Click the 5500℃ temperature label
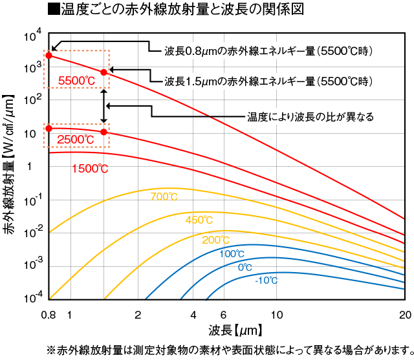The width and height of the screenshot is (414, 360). tap(76, 81)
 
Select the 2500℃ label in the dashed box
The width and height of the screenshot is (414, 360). tap(76, 139)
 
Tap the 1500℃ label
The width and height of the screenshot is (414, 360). tap(90, 169)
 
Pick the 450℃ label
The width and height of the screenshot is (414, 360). tap(199, 220)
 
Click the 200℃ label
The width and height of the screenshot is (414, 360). tap(215, 240)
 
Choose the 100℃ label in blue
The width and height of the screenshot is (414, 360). tap(232, 254)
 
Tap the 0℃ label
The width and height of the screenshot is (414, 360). tap(245, 267)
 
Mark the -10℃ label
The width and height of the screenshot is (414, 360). tap(266, 280)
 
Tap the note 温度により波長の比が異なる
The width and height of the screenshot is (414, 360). tap(310, 117)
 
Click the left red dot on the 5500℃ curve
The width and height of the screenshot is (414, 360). tap(49, 56)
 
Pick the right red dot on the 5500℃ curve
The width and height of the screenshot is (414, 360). tap(103, 72)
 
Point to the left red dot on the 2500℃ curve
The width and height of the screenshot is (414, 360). tap(49, 129)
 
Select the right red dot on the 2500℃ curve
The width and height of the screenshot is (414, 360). tap(103, 132)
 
